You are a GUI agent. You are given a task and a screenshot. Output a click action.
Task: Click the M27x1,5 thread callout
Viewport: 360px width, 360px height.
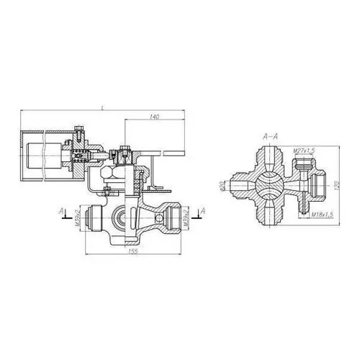click(304, 150)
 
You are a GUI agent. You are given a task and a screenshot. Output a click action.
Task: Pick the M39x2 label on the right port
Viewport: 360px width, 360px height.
click(186, 217)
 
